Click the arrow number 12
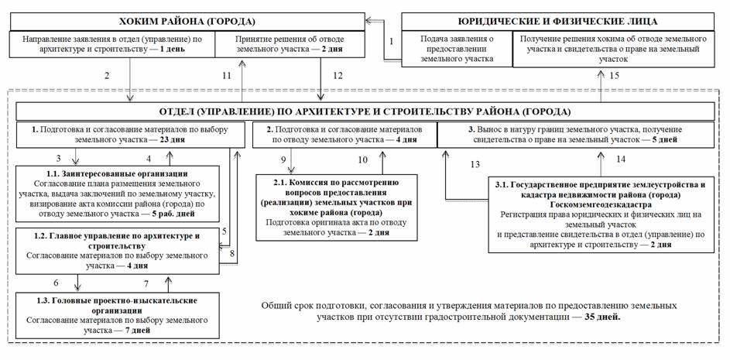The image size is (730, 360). tap(337, 76)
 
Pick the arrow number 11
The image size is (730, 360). tap(225, 76)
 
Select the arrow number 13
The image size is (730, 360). tap(475, 164)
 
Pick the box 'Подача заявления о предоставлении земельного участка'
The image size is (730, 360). tap(451, 48)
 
